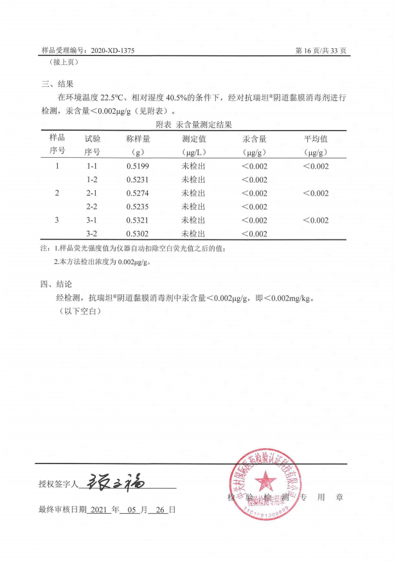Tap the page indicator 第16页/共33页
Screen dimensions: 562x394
tap(321, 50)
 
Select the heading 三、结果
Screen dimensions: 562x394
tap(58, 84)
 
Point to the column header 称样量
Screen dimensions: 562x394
tap(138, 138)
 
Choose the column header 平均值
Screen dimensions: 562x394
tap(316, 138)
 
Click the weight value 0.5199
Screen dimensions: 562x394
tap(138, 166)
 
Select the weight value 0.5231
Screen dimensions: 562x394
tap(138, 180)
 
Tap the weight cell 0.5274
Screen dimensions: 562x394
tap(138, 193)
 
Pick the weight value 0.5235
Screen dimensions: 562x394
tap(138, 207)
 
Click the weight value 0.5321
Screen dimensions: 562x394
tap(138, 220)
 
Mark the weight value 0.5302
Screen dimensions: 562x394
tap(138, 234)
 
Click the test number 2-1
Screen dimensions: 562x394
tap(91, 193)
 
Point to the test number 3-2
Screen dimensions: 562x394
tap(91, 234)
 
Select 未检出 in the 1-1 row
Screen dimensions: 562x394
tap(193, 166)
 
